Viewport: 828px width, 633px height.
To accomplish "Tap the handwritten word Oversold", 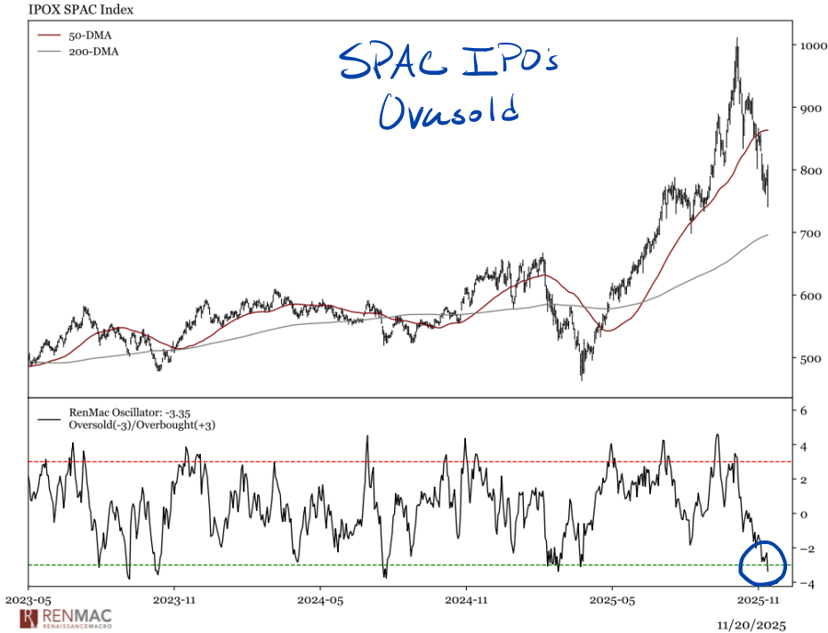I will pos(448,112).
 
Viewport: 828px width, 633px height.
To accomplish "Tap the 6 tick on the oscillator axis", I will pos(802,410).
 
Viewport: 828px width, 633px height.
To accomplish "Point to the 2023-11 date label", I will pos(174,600).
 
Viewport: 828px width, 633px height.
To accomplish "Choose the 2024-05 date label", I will pos(321,600).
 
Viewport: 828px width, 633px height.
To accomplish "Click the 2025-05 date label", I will pos(614,600).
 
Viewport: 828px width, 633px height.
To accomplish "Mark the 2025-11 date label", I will pos(760,600).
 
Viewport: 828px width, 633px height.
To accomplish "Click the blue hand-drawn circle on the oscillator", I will pos(763,557).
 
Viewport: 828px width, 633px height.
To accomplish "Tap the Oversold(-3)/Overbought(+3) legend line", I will pos(142,426).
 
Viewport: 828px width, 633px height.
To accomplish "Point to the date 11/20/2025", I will pos(753,623).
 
